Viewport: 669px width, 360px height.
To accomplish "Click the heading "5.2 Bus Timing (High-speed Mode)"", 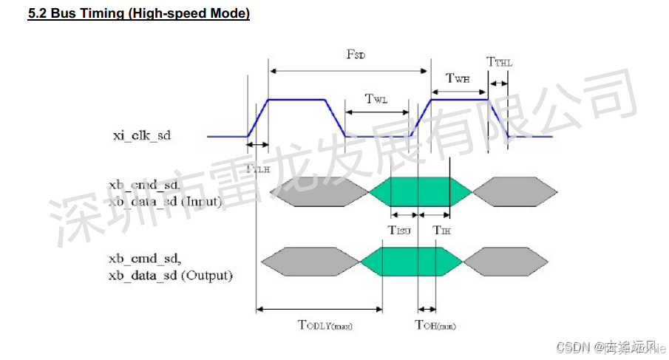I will click(x=139, y=14).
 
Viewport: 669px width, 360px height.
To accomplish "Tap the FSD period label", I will click(x=356, y=55).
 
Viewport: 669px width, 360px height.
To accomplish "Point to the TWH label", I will click(x=458, y=78).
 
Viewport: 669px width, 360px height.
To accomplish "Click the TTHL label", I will click(x=499, y=63).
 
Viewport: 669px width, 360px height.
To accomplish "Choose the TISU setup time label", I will click(x=401, y=230).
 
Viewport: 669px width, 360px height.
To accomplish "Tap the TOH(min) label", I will click(x=429, y=325).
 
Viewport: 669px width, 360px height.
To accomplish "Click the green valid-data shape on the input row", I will click(x=419, y=192).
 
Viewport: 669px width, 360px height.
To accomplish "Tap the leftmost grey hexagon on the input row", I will click(x=319, y=192).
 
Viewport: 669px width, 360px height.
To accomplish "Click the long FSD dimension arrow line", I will click(x=347, y=70).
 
